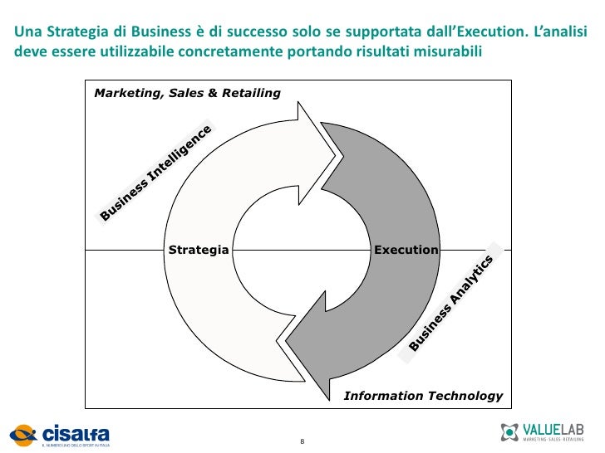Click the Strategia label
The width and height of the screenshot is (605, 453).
pos(198,250)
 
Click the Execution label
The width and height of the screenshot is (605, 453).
pos(406,250)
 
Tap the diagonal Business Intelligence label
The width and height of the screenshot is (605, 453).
pos(156,173)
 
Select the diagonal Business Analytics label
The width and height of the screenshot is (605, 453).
pos(452,302)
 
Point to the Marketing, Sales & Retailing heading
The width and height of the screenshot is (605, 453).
pos(187,93)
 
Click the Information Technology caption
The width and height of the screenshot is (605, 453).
pos(423,396)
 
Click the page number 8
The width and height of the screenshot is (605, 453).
pos(302,439)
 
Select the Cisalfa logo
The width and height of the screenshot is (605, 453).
pos(60,434)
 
